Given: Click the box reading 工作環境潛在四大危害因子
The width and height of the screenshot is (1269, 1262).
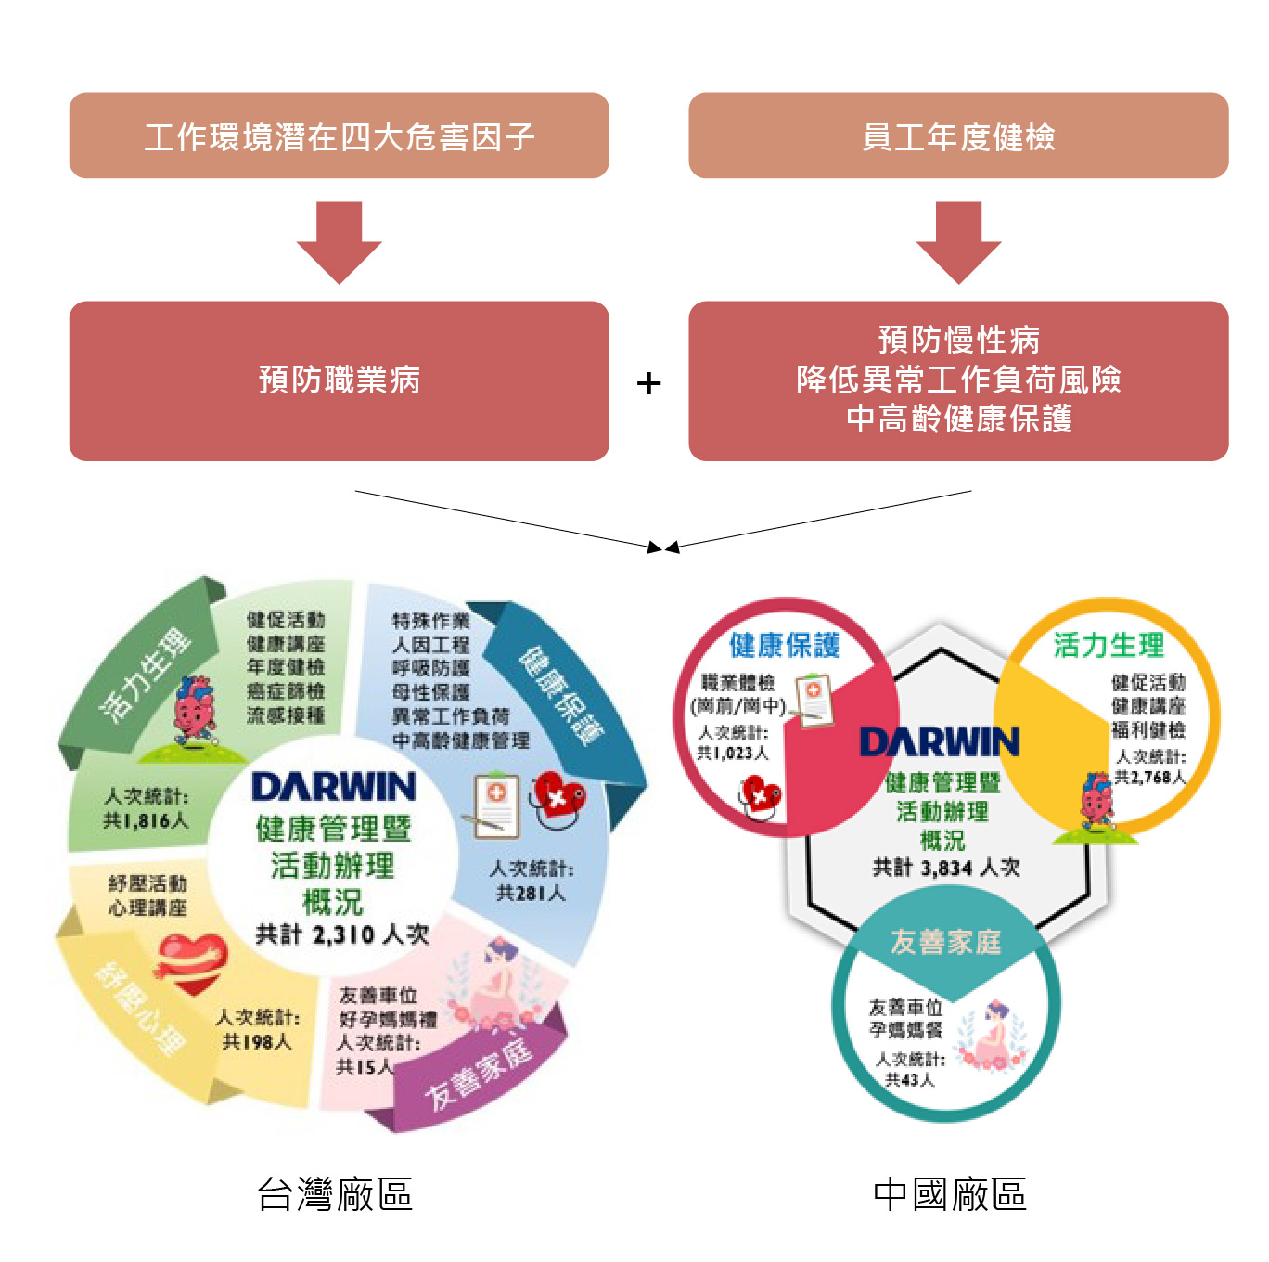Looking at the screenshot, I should click(x=339, y=135).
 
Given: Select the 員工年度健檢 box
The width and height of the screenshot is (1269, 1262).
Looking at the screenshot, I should click(x=958, y=135).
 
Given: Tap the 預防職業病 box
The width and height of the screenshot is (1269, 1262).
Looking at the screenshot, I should click(x=339, y=380).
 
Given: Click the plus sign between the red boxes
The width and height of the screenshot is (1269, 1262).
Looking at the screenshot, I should click(x=649, y=383).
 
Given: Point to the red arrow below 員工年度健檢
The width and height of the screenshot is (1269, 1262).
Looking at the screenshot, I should click(x=958, y=241).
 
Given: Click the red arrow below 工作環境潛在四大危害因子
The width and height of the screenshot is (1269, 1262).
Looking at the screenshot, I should click(x=339, y=241).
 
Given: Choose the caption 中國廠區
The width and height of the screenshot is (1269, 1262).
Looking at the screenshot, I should click(x=950, y=1194).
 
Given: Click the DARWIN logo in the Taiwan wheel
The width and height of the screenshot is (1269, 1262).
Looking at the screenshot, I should click(x=334, y=787).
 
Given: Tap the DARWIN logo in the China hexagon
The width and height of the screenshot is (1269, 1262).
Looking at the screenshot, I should click(x=939, y=741).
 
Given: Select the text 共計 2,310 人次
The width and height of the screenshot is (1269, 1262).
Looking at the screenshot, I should click(x=341, y=934).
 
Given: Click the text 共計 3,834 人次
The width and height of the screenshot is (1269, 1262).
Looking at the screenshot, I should click(x=945, y=868).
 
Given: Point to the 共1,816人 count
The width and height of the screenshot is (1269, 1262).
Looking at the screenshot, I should click(x=146, y=820).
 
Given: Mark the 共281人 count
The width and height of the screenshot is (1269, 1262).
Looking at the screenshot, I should click(x=530, y=893).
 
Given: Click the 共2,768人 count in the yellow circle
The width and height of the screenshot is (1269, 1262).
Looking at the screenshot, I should click(x=1149, y=777).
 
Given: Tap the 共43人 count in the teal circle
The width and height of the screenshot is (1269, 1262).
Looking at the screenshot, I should click(x=909, y=1079).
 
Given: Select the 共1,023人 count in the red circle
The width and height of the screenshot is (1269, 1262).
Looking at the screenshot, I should click(x=732, y=753).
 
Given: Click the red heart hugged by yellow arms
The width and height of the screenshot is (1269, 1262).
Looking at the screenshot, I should click(x=192, y=960).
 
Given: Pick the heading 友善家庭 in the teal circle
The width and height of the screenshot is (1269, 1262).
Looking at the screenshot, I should click(x=945, y=942).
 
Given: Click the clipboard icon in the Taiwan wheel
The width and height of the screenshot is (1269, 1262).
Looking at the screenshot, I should click(x=496, y=804).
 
